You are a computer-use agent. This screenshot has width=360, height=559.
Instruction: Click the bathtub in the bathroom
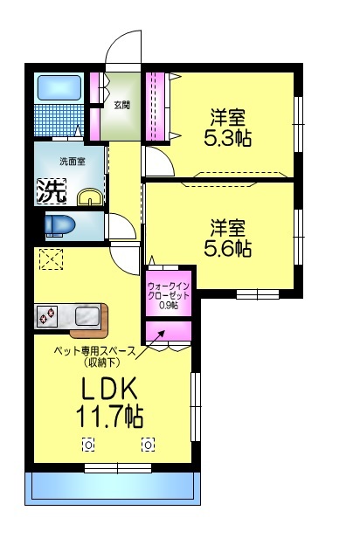point(59,89)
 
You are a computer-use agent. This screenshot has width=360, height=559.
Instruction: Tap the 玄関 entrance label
point(121,105)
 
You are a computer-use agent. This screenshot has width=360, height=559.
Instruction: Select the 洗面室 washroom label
point(72,161)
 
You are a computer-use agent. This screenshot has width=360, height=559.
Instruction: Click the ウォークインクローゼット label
point(168,290)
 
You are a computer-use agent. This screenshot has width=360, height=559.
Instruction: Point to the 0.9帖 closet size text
point(168,306)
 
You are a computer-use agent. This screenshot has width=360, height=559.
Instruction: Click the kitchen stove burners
point(47,315)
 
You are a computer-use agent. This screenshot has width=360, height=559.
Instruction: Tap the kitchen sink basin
point(87,315)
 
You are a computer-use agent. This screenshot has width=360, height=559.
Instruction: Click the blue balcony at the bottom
point(114,487)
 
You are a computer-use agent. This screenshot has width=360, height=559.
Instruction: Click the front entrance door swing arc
point(121,47)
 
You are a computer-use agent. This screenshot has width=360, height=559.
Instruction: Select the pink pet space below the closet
point(167,333)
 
